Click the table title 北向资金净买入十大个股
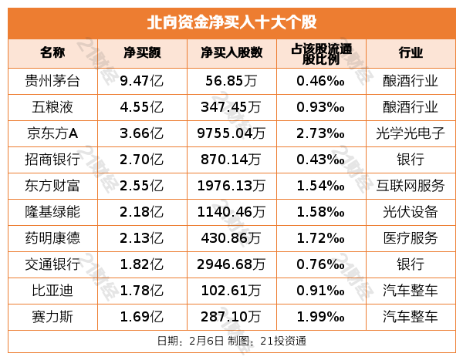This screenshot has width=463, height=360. click(x=231, y=22)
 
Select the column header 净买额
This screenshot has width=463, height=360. click(x=142, y=53)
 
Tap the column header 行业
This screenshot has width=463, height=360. click(x=410, y=53)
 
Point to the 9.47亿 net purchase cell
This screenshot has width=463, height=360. click(x=142, y=80)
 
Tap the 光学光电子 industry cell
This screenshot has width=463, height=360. click(x=410, y=133)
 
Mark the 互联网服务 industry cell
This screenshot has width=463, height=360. click(x=410, y=185)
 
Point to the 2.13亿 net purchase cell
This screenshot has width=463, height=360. click(x=142, y=237)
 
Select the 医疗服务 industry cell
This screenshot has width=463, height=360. click(x=410, y=237)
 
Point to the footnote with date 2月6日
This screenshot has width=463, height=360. click(x=231, y=340)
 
